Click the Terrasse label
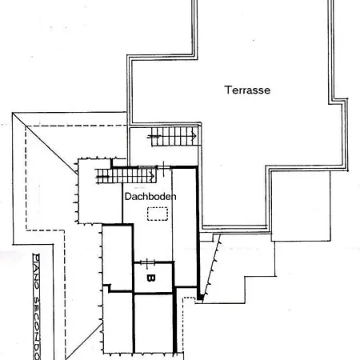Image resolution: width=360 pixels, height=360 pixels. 247,90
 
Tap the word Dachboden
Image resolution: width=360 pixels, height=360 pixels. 150,197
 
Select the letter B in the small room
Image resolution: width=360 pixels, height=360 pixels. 151,278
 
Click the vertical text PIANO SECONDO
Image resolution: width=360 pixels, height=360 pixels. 37,306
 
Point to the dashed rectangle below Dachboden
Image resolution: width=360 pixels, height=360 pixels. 158,214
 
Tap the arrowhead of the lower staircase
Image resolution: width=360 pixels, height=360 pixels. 153,176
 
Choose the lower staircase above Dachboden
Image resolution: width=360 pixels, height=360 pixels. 126,176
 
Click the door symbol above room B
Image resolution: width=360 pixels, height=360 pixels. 147,262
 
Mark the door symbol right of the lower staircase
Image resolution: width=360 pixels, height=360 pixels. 163,168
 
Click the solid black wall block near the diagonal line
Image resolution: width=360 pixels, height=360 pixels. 200,297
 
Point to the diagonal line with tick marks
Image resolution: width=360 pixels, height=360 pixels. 211,268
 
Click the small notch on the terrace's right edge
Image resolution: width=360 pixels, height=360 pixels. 338,101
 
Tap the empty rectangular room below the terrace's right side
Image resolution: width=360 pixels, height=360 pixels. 301,206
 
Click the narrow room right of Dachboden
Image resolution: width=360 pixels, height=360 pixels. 185,227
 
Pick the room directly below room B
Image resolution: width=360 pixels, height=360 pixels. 154,324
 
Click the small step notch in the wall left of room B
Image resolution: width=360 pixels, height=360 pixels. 107,288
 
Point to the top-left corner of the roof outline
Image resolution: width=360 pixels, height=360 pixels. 13,113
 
